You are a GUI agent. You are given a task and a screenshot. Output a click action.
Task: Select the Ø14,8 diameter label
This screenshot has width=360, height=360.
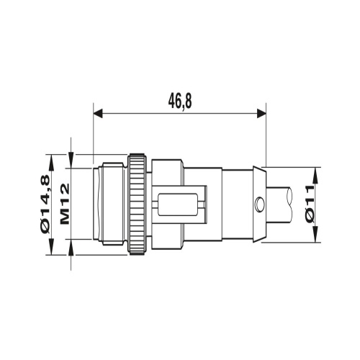45,204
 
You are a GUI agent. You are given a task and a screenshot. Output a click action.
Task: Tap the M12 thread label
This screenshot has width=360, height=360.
63,204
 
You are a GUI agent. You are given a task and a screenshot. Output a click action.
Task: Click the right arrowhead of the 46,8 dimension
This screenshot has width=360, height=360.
261,112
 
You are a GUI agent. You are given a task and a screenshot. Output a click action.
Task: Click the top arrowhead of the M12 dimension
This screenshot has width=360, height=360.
72,159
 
